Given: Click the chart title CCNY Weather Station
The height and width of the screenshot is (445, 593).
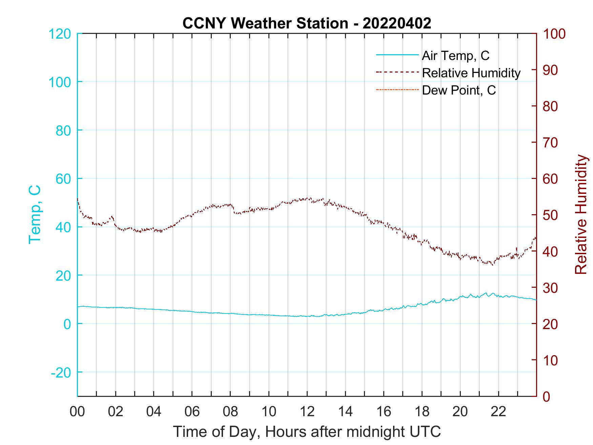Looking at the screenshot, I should (307, 23).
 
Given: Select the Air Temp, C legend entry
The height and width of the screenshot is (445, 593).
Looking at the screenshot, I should (455, 55).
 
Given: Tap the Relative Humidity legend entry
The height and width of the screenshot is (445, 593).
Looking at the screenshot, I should (471, 73).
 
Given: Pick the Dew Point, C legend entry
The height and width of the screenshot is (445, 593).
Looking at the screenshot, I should (459, 90).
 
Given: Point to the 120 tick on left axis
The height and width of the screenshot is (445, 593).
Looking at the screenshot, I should (60, 34).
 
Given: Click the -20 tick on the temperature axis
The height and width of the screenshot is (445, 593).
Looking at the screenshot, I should (61, 372).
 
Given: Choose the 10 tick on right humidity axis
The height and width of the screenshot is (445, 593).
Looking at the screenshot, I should (551, 360).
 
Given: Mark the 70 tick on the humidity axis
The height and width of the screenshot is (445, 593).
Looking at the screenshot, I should (551, 143).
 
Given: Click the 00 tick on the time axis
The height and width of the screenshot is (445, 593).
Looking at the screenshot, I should (77, 412).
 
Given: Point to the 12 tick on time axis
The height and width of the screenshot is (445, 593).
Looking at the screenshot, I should (307, 412).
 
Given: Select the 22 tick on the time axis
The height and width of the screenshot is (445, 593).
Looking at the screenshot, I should (498, 412).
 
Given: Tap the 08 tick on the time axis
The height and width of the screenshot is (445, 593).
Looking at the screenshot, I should (230, 412).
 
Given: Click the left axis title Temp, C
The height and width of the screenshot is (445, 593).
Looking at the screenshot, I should (35, 214).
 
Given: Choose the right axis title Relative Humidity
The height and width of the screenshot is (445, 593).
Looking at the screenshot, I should (581, 214).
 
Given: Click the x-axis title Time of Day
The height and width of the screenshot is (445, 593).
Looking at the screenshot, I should (307, 432).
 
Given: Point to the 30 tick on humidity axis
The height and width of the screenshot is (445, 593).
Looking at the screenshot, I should (551, 288).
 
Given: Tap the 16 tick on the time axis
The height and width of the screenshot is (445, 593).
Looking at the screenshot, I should (384, 412).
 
